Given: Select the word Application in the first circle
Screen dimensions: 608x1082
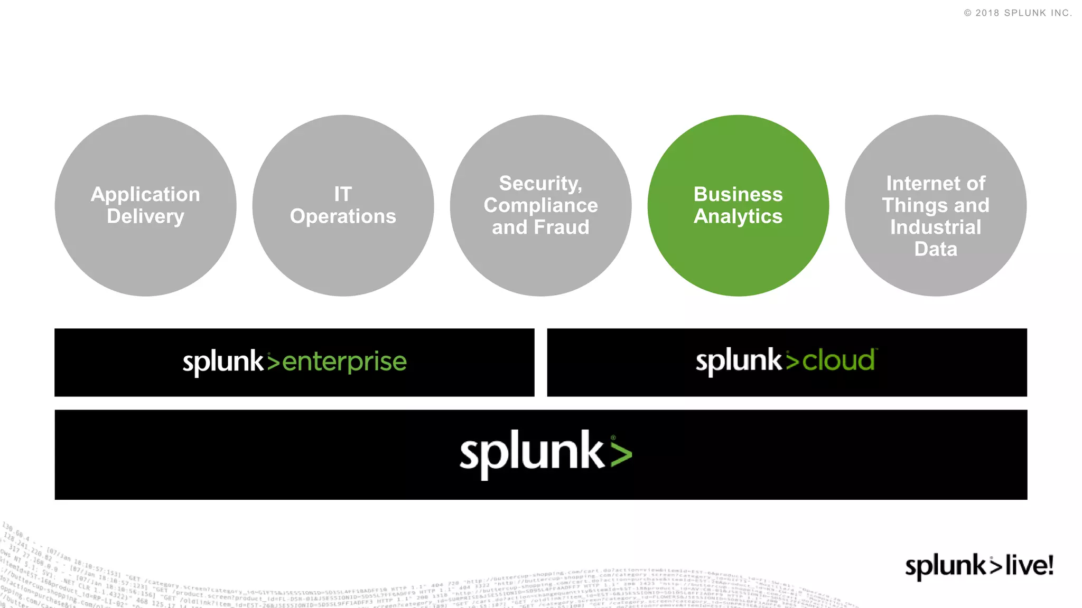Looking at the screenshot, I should [x=145, y=194].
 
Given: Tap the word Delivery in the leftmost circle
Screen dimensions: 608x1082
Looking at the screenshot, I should [x=145, y=216].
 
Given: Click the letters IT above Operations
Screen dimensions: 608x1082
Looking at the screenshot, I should [x=343, y=194].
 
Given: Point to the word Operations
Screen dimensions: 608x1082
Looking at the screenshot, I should [x=343, y=216].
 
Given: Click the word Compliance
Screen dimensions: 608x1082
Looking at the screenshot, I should [x=540, y=205].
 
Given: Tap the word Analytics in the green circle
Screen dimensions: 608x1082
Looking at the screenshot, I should [x=738, y=216].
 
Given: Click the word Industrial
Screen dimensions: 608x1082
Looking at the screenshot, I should [x=936, y=227].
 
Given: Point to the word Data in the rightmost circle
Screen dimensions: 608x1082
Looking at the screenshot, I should [x=936, y=249].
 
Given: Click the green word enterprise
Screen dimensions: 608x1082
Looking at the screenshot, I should [x=344, y=362].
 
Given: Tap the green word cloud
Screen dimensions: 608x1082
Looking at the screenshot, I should [x=838, y=361].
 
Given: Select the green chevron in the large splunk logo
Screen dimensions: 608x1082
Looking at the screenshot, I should [x=621, y=454].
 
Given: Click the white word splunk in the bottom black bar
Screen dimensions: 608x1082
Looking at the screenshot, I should [x=531, y=453].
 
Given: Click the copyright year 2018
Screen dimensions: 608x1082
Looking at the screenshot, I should [x=987, y=13].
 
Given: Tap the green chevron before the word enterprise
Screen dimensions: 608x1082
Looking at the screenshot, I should [x=273, y=362].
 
